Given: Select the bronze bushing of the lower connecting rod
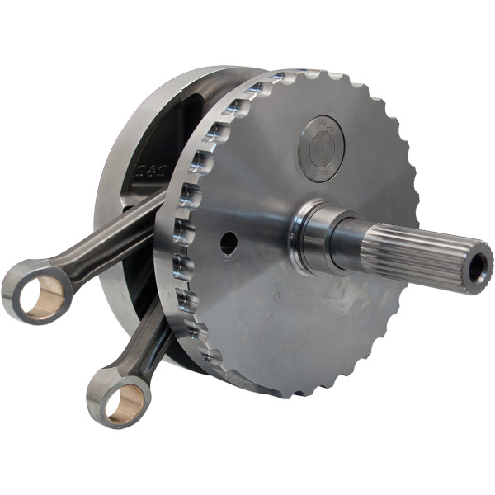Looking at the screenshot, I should (x=125, y=403).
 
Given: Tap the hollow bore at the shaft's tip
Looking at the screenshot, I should (x=479, y=267).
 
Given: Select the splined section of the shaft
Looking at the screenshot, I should (x=412, y=251).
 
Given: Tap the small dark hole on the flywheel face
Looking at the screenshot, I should (x=229, y=243).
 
